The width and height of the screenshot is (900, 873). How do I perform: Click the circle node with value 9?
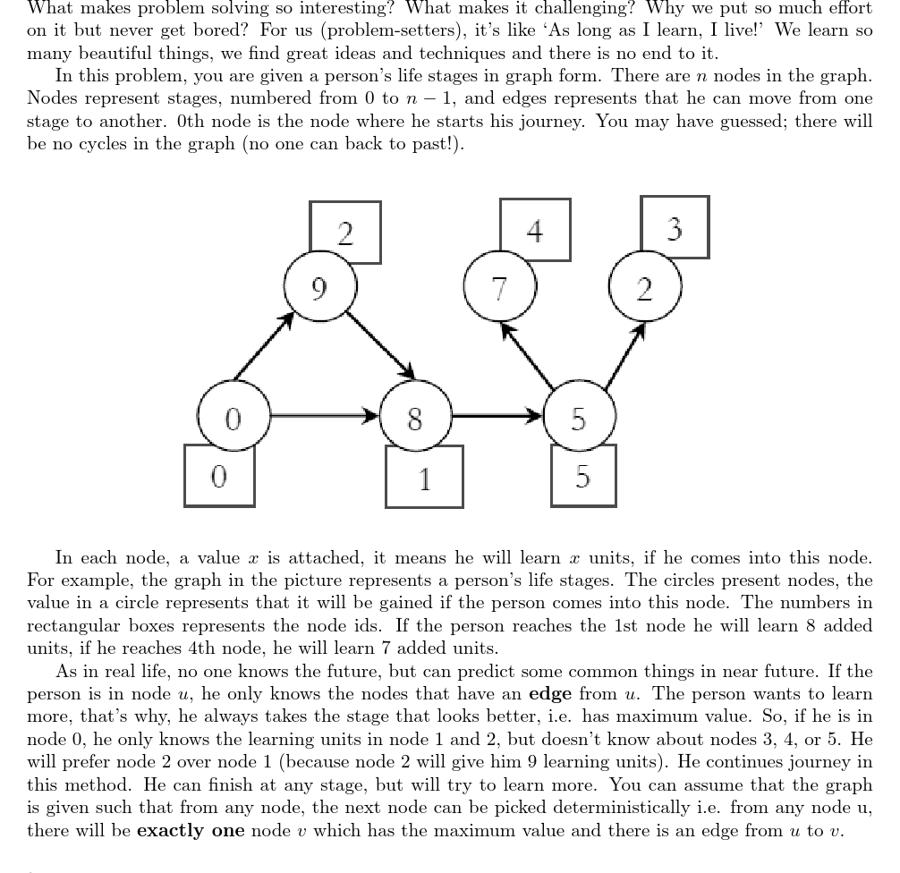click(320, 287)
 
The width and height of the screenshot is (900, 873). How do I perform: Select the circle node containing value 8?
click(415, 417)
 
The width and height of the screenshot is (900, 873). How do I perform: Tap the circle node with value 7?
click(499, 287)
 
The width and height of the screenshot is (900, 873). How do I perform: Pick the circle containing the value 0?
click(233, 417)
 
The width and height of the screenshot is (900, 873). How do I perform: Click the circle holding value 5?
click(579, 417)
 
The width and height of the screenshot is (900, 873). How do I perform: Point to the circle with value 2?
click(644, 287)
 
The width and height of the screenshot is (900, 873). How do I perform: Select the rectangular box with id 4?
click(535, 230)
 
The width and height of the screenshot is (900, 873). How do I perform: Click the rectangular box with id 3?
click(675, 227)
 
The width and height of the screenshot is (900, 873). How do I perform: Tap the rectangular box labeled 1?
click(424, 477)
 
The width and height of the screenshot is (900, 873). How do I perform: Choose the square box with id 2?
click(345, 232)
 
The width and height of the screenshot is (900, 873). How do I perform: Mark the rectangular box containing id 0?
click(219, 475)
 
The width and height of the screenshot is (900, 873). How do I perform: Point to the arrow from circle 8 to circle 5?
click(497, 416)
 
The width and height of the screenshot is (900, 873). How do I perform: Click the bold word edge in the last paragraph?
click(550, 694)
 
